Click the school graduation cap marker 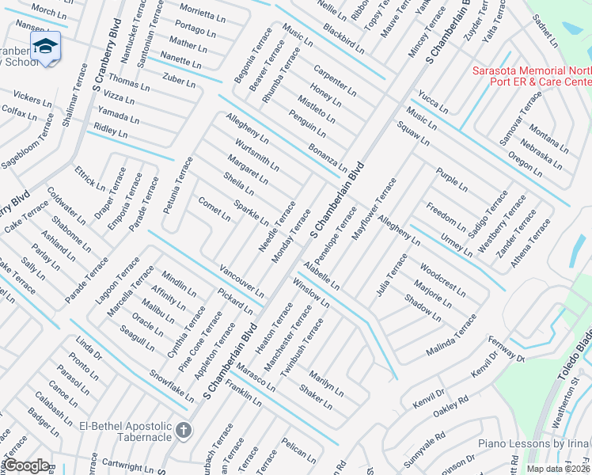click(45, 46)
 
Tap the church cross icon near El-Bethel click(184, 431)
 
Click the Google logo click(26, 465)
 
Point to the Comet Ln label click(214, 210)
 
